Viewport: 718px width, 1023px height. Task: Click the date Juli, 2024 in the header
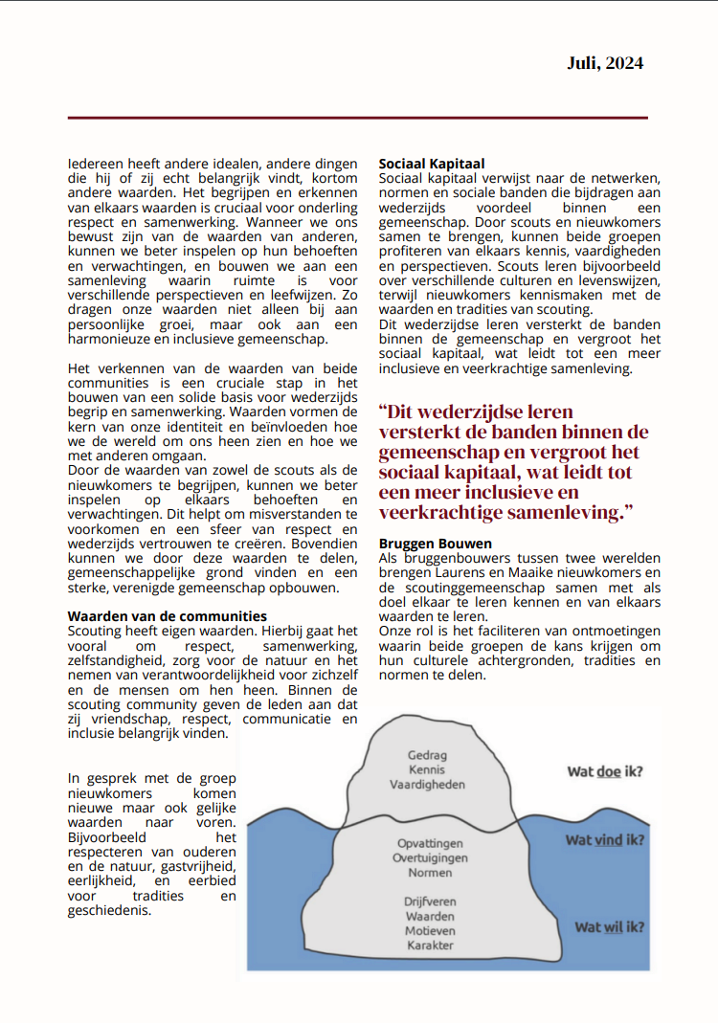coord(604,63)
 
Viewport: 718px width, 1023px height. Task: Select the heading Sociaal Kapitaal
coord(432,165)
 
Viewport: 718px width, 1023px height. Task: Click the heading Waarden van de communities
coord(168,616)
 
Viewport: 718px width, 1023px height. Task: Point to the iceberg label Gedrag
coord(428,755)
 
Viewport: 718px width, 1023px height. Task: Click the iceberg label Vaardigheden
coord(427,784)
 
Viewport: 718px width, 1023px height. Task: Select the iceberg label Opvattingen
coord(430,843)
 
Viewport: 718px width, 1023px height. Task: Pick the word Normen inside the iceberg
coord(430,873)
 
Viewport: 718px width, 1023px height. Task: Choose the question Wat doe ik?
coord(604,772)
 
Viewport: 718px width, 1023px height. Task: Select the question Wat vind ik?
coord(603,840)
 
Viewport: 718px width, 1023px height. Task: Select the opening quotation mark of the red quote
coord(384,411)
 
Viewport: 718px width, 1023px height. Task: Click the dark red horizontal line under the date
coord(357,118)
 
